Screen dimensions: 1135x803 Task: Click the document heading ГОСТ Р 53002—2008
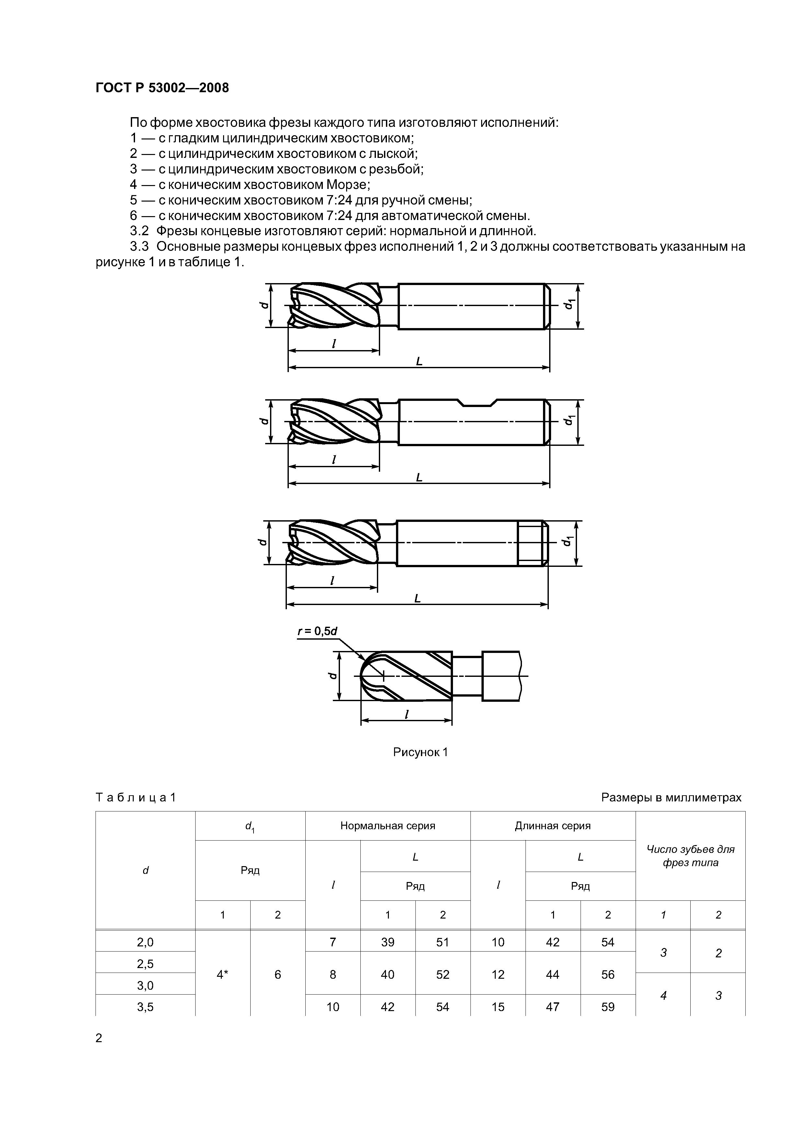coord(162,88)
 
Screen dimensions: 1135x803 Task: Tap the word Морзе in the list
coord(348,184)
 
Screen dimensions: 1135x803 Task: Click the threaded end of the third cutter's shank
coord(532,543)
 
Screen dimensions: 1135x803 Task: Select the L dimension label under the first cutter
coord(419,361)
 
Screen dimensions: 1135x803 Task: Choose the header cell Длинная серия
coord(553,826)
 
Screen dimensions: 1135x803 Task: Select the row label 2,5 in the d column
coord(145,964)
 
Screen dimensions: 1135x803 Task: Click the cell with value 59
coord(607,1007)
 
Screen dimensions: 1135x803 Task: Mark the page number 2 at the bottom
coord(99,1038)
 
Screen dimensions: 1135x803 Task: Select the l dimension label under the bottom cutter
coord(407,714)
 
